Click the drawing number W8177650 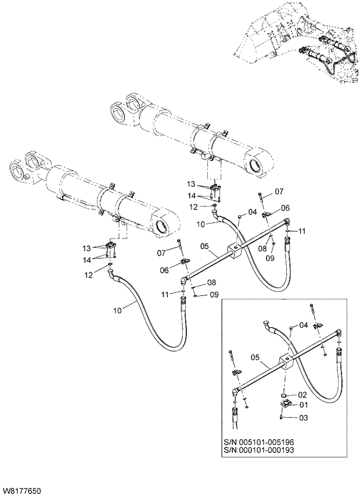tap(22, 491)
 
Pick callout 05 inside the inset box tap(255, 357)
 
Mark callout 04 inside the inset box tap(303, 325)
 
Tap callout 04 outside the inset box tap(252, 212)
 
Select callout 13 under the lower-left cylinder tap(87, 248)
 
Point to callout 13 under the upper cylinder tap(191, 184)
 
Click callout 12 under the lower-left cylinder tap(88, 275)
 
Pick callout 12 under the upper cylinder tap(196, 207)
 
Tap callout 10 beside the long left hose tap(118, 310)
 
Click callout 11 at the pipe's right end tap(302, 231)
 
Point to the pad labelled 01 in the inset tap(286, 404)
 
